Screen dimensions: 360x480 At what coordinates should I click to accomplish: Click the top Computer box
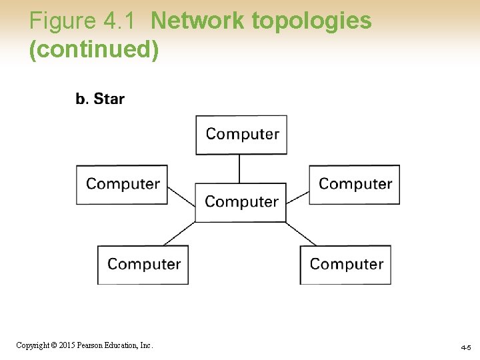point(241,135)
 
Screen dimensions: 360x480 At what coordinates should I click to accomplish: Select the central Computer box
point(241,202)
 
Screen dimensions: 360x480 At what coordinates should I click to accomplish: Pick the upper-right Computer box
point(354,185)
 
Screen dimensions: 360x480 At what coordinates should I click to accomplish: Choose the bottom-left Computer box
point(143,265)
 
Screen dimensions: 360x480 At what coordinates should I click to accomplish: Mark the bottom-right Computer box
point(345,265)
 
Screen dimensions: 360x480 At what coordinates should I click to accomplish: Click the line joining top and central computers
point(240,169)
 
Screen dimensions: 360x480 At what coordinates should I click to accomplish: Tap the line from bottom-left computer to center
point(179,234)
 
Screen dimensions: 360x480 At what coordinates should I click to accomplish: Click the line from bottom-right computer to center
point(301,234)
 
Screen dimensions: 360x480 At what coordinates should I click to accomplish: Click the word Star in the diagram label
point(109,99)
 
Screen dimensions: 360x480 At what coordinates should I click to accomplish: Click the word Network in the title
point(198,21)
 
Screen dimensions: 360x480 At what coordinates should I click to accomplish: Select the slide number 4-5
point(465,348)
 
